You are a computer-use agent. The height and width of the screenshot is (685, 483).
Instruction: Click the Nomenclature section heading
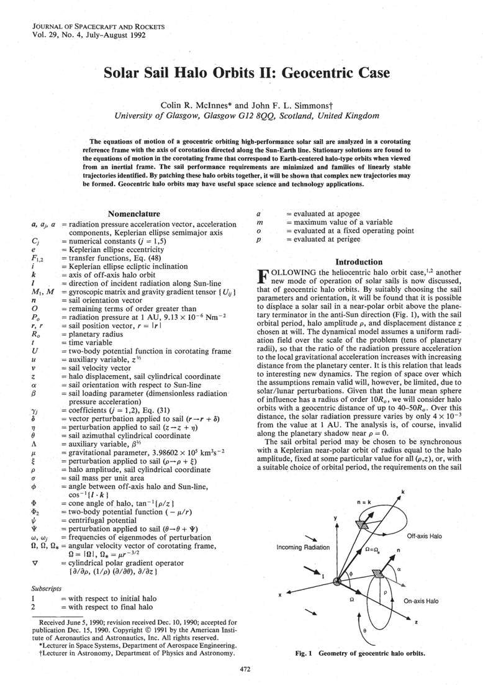click(134, 214)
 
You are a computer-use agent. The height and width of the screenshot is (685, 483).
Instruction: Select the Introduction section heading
click(357, 262)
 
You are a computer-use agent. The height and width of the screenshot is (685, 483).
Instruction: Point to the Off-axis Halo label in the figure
click(425, 535)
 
